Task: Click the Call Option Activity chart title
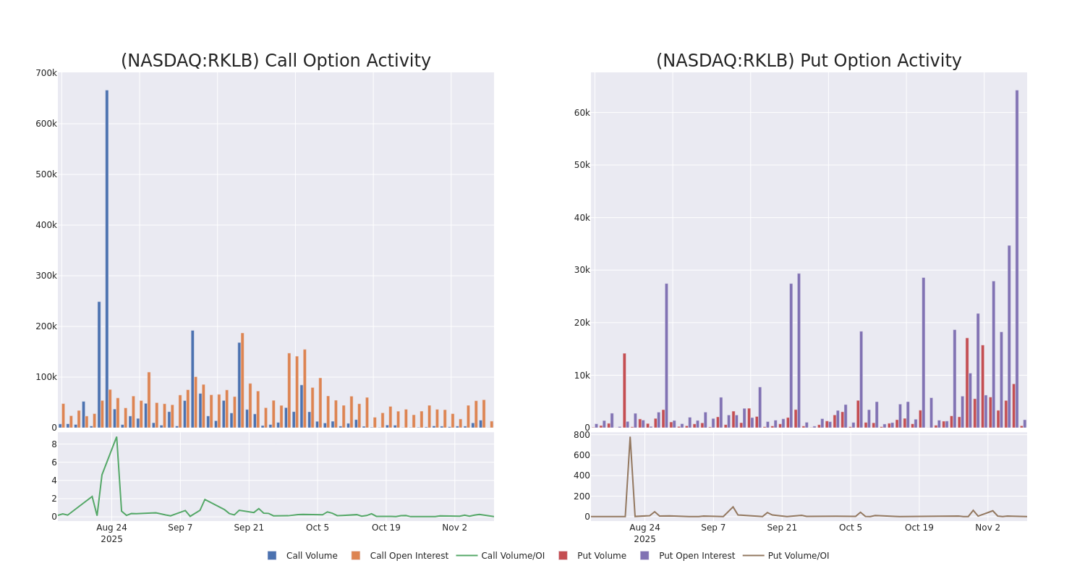276,62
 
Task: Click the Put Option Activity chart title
809,62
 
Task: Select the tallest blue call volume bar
107,258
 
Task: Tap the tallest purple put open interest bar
1016,258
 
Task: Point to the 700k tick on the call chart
46,73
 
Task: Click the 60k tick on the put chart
582,113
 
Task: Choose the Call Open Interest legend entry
409,556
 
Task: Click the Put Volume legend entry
601,556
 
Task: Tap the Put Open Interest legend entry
697,556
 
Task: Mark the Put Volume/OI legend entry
798,556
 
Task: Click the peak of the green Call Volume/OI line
116,436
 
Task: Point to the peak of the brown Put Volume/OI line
630,436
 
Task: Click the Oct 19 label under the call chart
386,528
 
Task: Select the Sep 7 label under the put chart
713,528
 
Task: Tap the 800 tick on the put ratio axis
582,435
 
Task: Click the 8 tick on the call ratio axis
54,444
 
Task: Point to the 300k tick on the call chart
46,276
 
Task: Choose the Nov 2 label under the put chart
987,528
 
